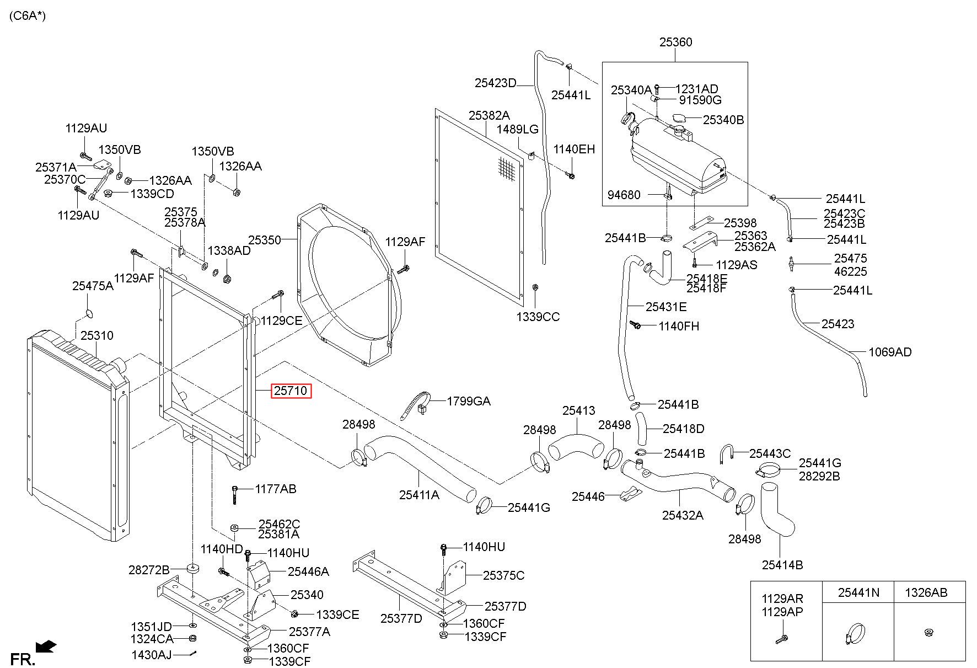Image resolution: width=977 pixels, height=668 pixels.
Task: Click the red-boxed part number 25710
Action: click(291, 391)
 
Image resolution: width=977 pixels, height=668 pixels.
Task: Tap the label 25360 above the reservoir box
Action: click(675, 42)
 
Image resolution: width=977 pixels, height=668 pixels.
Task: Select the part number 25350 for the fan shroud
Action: click(265, 240)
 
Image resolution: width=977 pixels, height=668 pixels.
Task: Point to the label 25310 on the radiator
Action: click(97, 335)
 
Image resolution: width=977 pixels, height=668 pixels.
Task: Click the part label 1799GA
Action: click(469, 401)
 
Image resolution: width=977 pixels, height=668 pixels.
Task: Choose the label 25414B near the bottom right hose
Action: click(782, 565)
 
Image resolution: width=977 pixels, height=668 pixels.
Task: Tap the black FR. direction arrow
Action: click(45, 645)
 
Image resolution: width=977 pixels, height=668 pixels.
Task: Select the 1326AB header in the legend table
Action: click(926, 592)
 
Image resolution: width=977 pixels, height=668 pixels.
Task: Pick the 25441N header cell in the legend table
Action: click(858, 592)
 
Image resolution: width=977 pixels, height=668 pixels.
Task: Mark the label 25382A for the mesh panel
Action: click(489, 115)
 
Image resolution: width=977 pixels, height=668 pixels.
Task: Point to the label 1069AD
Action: click(890, 352)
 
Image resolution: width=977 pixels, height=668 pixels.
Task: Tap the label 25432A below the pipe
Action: click(683, 515)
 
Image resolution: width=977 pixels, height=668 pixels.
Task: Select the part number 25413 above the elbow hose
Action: click(579, 410)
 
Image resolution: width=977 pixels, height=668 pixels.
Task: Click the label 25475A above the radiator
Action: click(93, 286)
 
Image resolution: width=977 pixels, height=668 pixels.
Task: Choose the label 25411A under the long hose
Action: click(419, 495)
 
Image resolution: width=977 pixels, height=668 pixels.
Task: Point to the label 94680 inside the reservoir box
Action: click(624, 195)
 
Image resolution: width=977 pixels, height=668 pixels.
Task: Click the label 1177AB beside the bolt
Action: click(275, 489)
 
